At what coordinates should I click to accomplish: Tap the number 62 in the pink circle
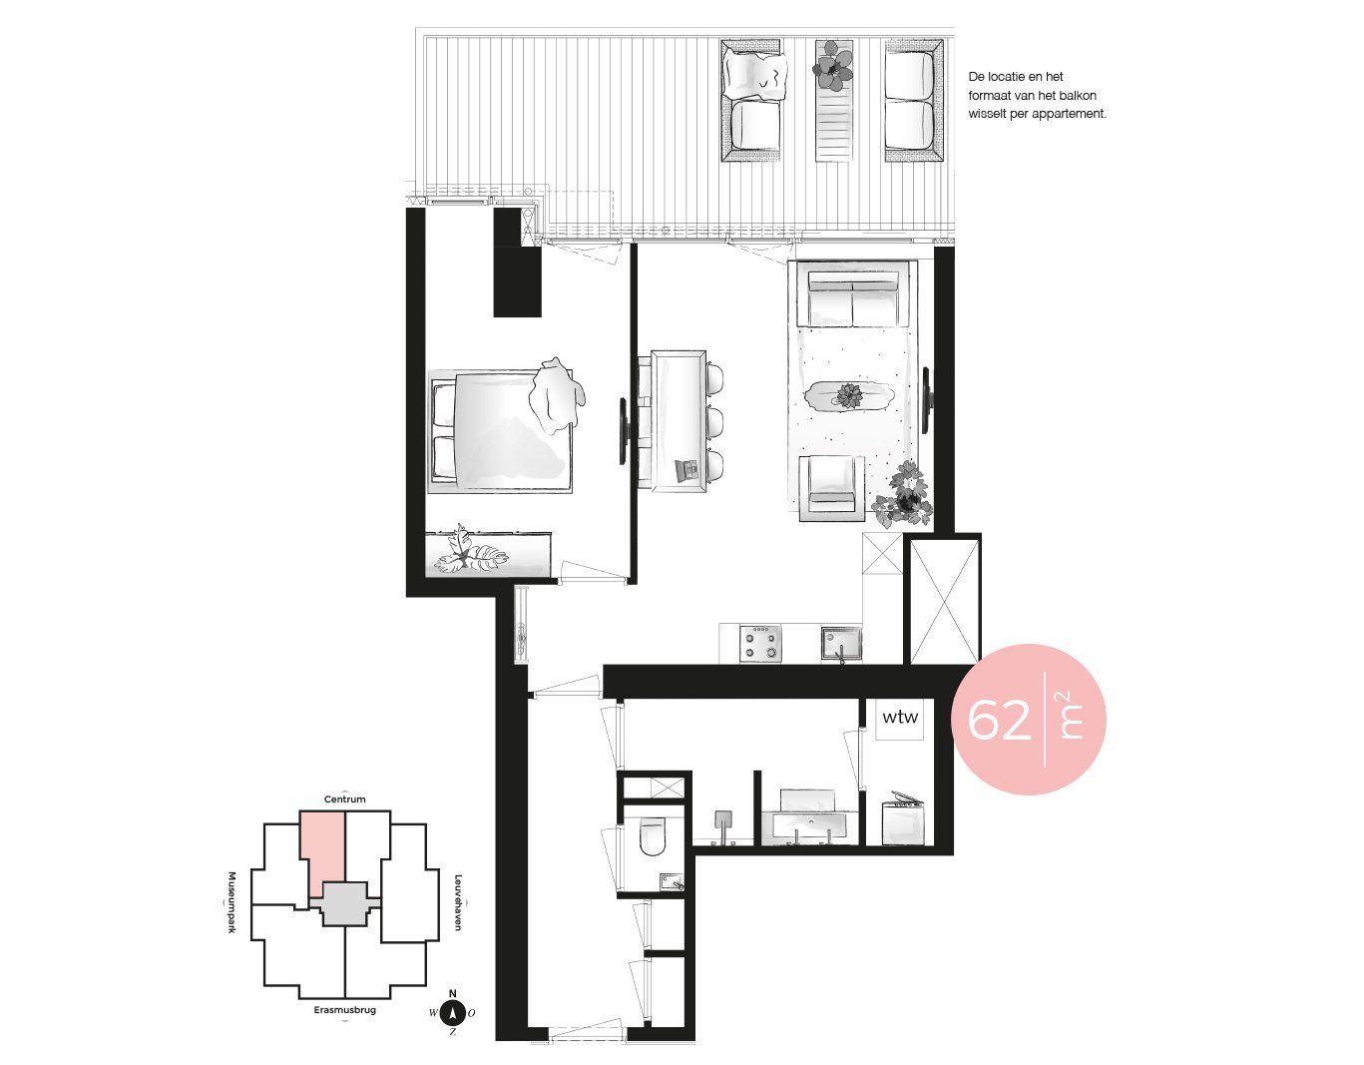tap(1000, 720)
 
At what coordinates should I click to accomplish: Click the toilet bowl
tap(652, 837)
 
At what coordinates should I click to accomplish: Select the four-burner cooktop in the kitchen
tap(760, 644)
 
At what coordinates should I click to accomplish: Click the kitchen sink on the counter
tap(842, 644)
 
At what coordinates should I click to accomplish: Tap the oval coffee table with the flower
tap(848, 396)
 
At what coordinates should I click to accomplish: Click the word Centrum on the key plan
tap(344, 799)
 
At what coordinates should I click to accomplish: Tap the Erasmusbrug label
tap(344, 1010)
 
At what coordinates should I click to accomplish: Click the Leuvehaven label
tap(458, 902)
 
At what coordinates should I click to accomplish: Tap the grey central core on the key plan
tap(344, 903)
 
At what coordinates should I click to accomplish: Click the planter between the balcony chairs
tap(834, 101)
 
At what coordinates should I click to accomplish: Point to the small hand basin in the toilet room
tap(673, 881)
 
